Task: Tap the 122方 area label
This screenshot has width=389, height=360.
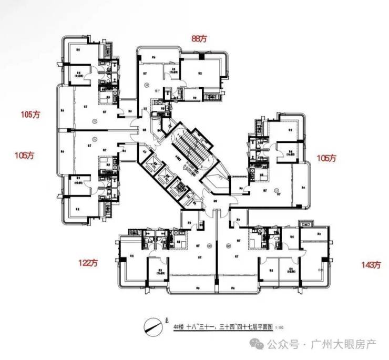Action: [x=88, y=262]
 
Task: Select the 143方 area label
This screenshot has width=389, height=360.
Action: [x=370, y=265]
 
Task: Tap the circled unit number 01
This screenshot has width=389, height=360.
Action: [x=209, y=243]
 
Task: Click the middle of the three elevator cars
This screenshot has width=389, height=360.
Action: [x=167, y=176]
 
